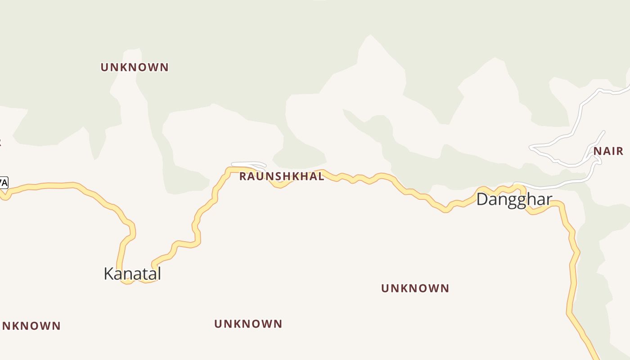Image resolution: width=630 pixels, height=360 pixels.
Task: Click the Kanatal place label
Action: (x=132, y=274)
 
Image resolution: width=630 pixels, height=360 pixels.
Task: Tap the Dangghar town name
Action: (x=514, y=199)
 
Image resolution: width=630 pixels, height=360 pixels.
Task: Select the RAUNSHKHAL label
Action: (x=281, y=176)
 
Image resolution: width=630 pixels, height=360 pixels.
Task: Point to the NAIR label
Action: (x=608, y=151)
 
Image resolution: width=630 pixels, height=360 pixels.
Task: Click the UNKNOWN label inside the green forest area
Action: (x=135, y=67)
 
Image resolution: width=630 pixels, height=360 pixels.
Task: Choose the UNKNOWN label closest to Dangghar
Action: (x=415, y=288)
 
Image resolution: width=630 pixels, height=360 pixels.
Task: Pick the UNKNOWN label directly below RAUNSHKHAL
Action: (x=248, y=324)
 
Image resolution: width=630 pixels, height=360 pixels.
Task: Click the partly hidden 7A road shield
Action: (x=3, y=183)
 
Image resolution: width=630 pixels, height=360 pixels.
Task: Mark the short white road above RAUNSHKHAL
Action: (x=248, y=164)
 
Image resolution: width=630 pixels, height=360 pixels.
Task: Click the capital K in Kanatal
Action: (x=108, y=274)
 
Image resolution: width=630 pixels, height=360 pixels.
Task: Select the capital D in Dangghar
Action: (x=482, y=199)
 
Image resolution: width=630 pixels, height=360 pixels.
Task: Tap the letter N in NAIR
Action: (x=598, y=151)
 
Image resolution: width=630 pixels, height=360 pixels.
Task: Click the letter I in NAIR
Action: (x=614, y=151)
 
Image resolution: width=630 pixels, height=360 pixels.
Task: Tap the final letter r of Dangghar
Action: (x=549, y=199)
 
